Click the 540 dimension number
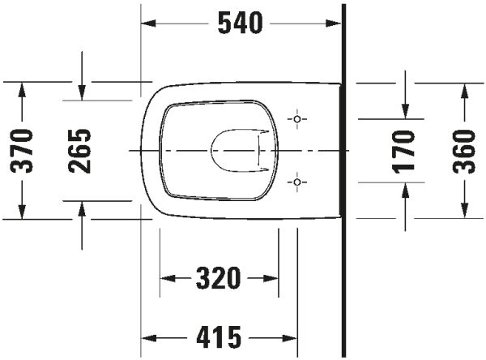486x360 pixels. coord(241,23)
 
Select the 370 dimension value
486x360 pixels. coord(22,151)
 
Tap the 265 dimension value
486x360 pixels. coord(79,151)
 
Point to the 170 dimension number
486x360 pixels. coord(403,152)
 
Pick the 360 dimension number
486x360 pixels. coord(464,152)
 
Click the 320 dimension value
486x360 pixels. coord(219,278)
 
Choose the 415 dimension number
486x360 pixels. coord(220,337)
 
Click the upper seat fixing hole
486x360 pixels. coord(297,119)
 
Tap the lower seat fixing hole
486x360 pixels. coord(297,182)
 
